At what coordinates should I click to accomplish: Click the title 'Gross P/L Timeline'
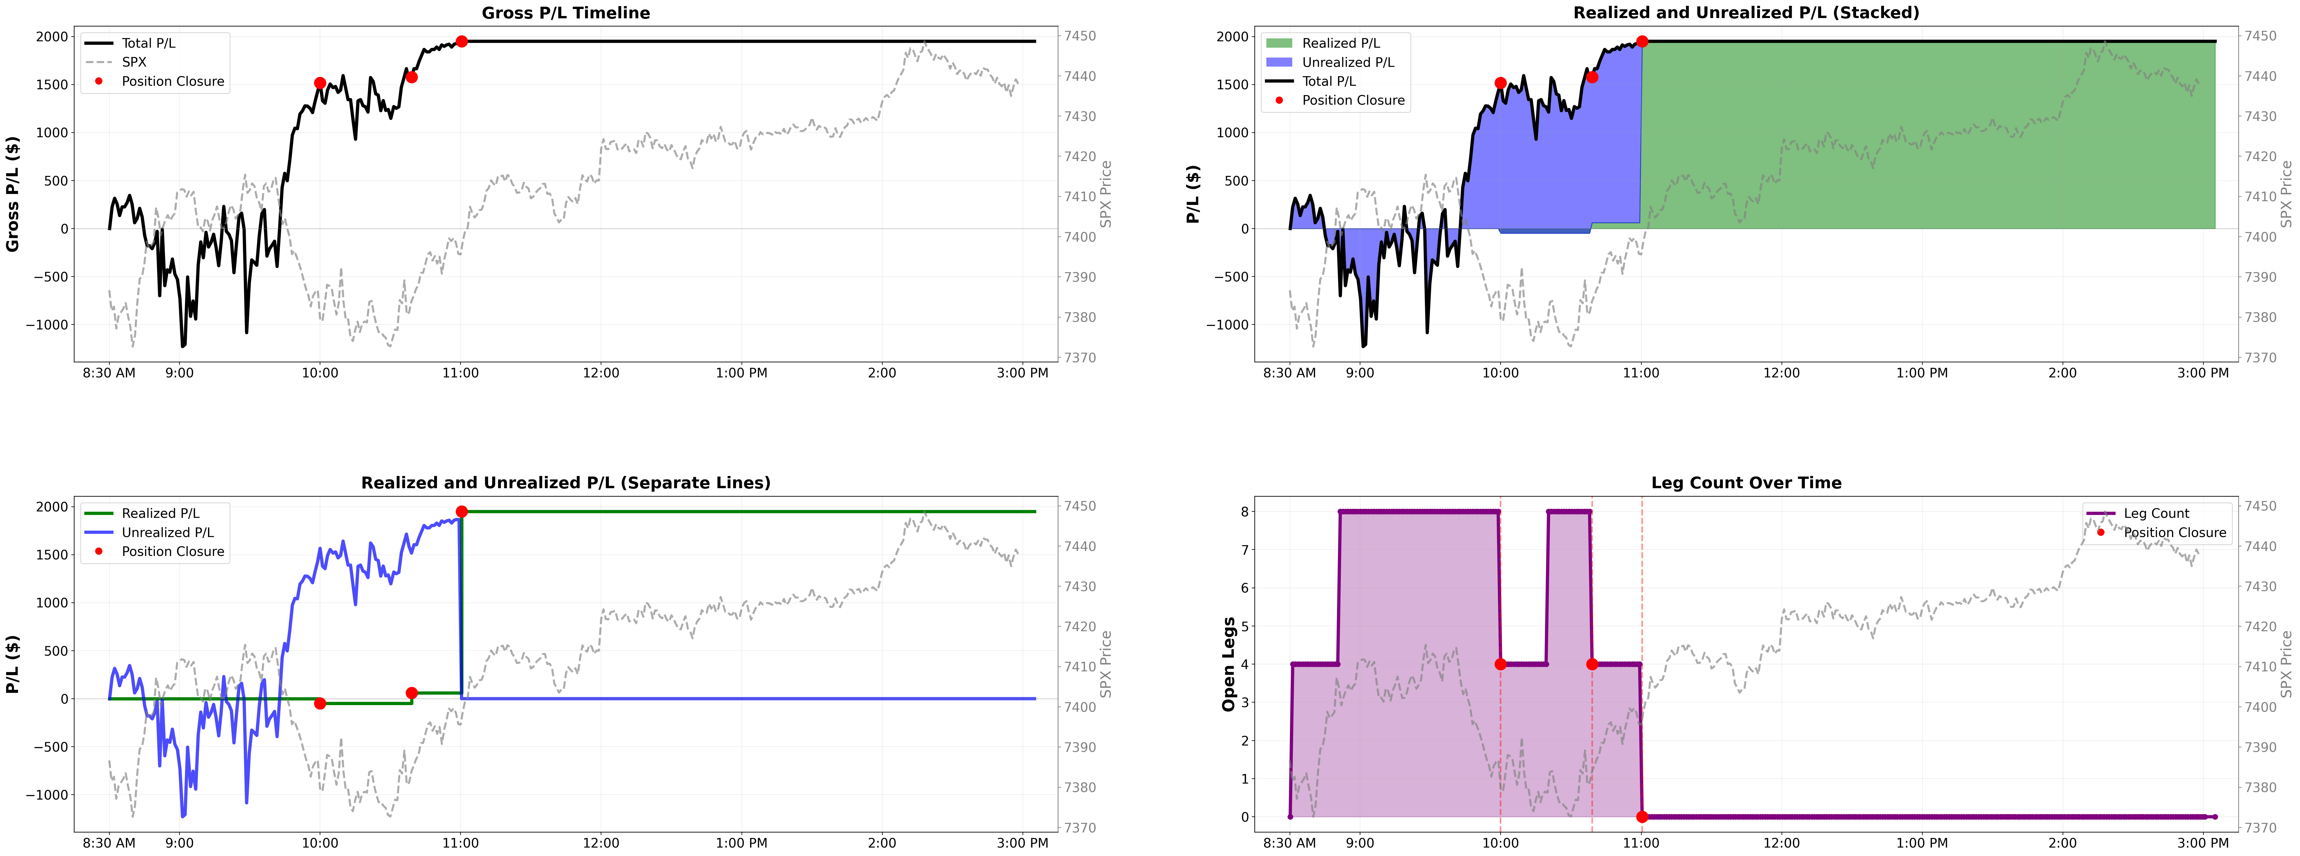(566, 13)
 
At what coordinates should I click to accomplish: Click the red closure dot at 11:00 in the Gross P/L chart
(462, 41)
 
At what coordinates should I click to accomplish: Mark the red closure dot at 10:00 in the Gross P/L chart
(320, 83)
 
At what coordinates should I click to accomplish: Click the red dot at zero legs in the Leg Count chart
(1642, 817)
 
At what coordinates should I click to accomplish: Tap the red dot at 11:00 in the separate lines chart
(462, 511)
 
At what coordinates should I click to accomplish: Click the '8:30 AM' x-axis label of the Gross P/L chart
(109, 373)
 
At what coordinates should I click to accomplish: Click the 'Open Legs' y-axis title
(1229, 664)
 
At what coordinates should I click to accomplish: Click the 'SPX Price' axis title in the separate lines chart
(1105, 664)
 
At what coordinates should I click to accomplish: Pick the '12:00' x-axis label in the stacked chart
(1781, 373)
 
